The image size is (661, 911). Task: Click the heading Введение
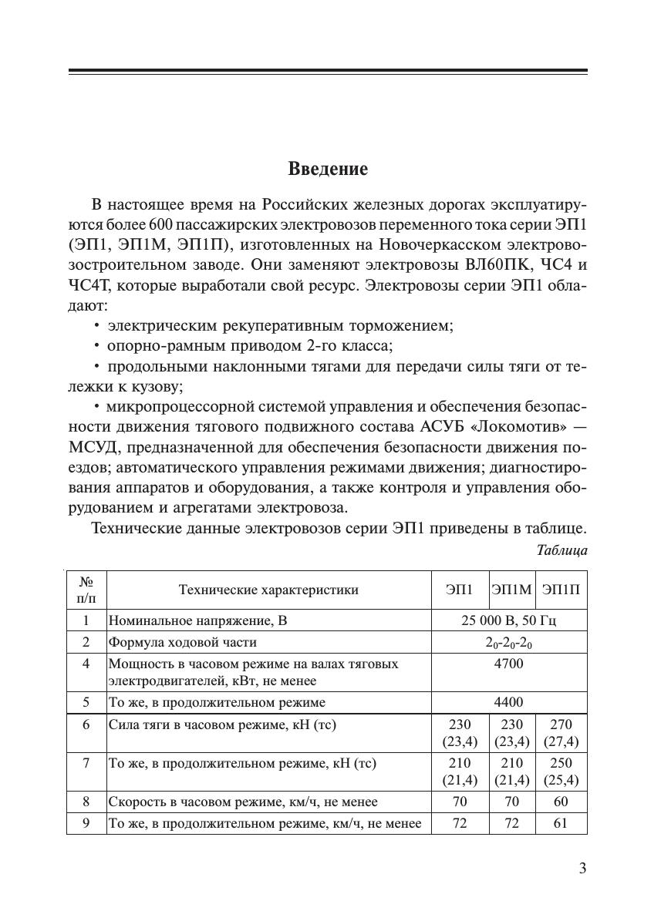[x=328, y=169]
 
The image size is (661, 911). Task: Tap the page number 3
[x=582, y=869]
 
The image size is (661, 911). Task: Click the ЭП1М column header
[x=512, y=590]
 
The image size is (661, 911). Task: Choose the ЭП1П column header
[x=561, y=590]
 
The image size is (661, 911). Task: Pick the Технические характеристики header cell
[x=268, y=590]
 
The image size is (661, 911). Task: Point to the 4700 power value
[x=508, y=664]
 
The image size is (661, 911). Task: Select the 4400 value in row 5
[x=508, y=702]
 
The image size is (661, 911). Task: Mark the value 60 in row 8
[x=561, y=802]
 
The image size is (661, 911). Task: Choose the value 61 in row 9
[x=561, y=823]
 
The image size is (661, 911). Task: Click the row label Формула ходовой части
[x=183, y=642]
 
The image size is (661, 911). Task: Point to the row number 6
[x=86, y=724]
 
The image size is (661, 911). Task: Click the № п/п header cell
[x=86, y=590]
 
